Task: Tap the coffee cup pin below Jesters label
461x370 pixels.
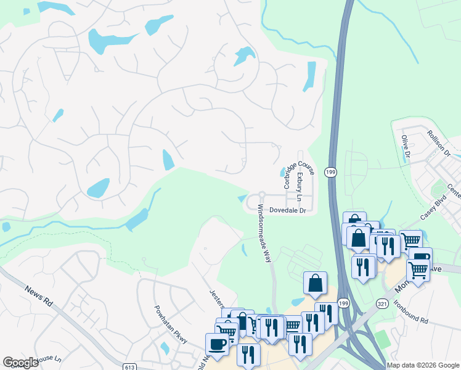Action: click(217, 343)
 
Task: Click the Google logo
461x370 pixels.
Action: click(21, 363)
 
